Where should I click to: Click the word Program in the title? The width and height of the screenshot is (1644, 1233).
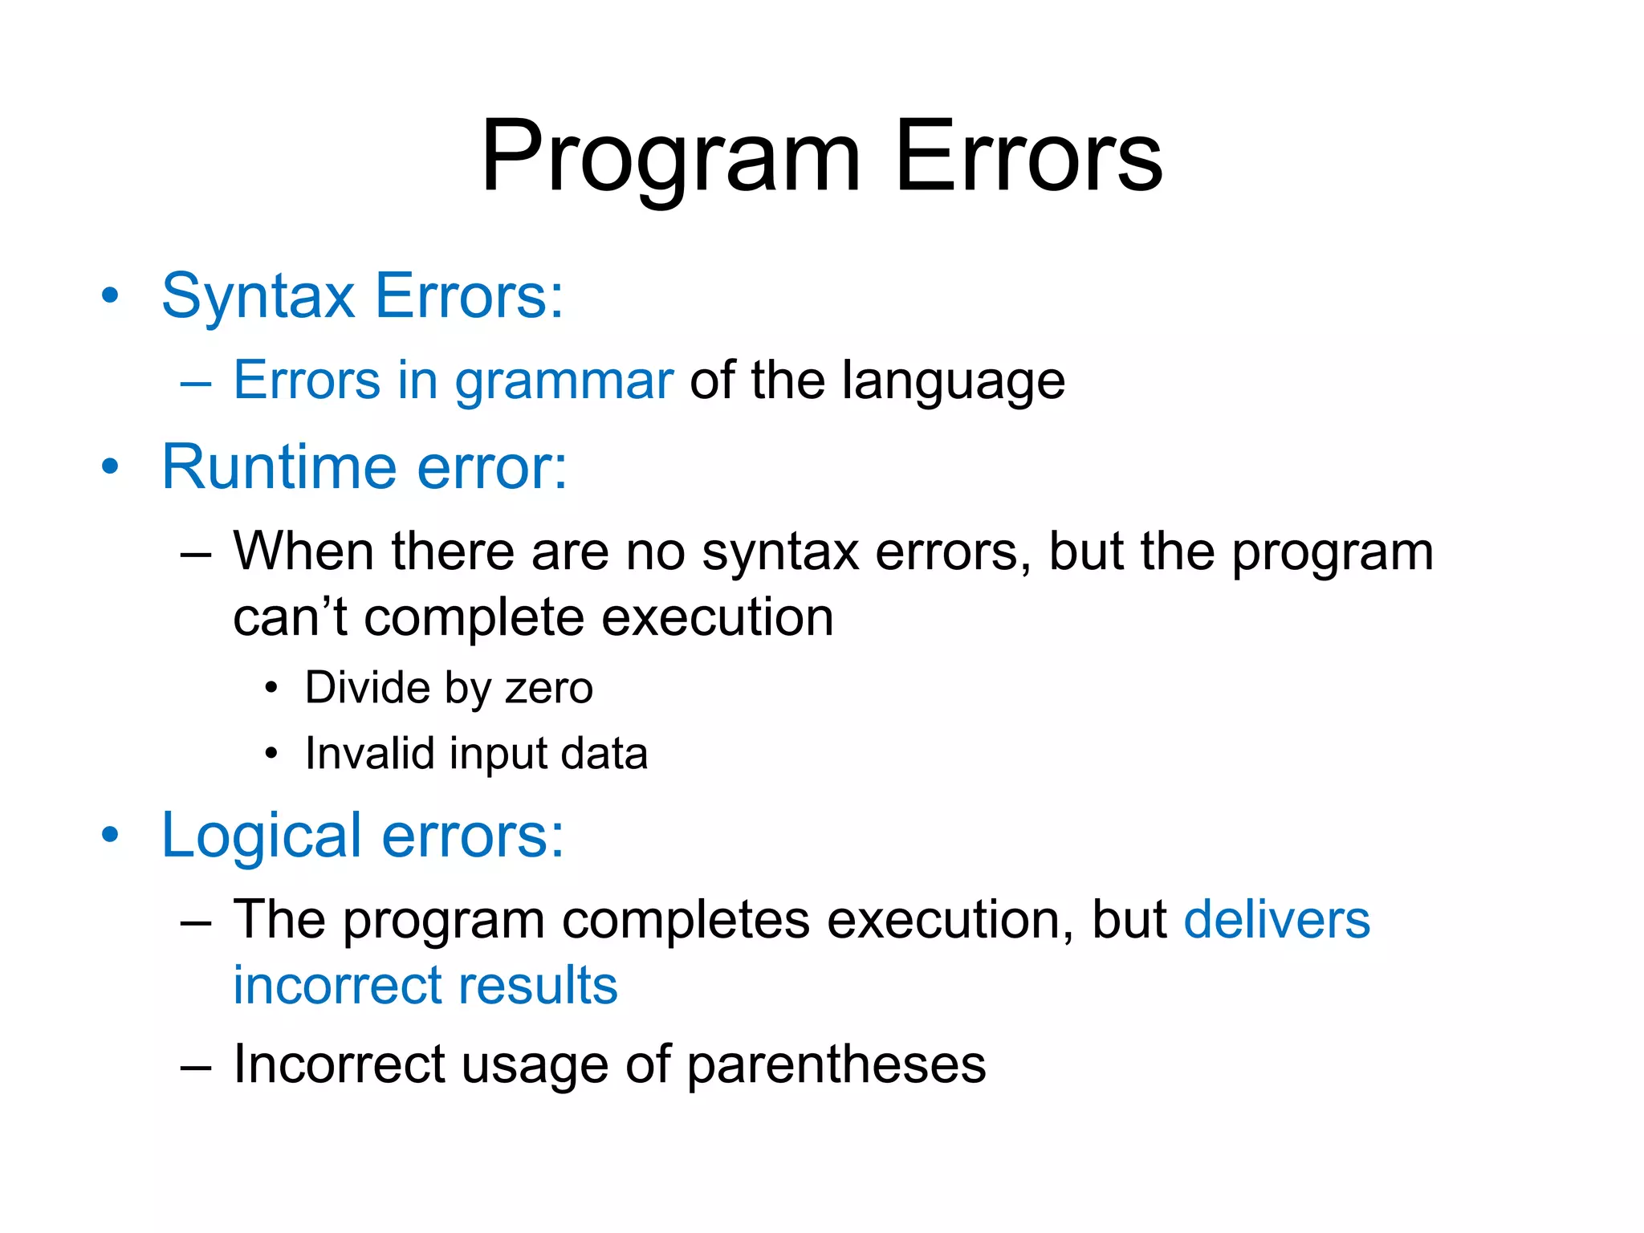tap(670, 157)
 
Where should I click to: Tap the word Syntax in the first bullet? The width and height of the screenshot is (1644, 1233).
tap(258, 297)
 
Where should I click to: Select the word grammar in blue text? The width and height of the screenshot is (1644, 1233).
tap(564, 381)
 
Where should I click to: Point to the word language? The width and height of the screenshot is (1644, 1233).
tap(953, 381)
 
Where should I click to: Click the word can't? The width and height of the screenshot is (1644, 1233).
tap(290, 618)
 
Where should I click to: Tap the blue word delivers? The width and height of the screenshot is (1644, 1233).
tap(1276, 920)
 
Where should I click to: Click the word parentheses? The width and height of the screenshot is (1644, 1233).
tap(836, 1066)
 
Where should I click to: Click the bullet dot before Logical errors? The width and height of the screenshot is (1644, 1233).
tap(110, 835)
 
